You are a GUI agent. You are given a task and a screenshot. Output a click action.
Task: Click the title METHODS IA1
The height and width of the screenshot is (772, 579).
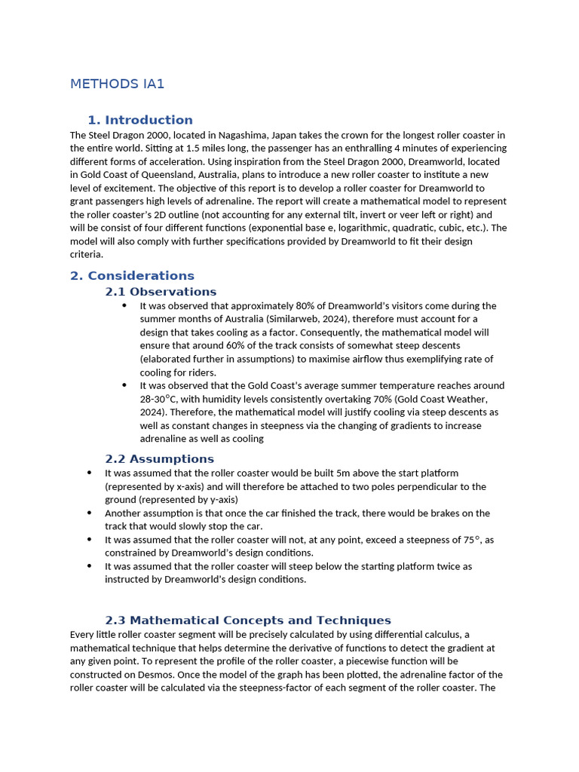[x=117, y=84]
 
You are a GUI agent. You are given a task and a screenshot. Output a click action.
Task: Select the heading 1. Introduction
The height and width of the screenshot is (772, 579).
[x=140, y=120]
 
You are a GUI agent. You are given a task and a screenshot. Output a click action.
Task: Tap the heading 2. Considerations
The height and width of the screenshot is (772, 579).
[x=132, y=276]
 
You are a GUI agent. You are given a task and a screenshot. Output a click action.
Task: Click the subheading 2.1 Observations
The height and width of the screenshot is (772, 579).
[x=161, y=292]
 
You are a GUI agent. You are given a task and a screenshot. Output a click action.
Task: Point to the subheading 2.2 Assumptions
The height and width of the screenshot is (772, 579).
[x=159, y=459]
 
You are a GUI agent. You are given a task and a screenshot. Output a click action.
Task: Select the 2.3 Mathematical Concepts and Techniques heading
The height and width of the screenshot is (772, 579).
[x=248, y=620]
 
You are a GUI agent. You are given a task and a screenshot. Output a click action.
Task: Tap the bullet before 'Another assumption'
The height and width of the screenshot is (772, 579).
[x=90, y=513]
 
